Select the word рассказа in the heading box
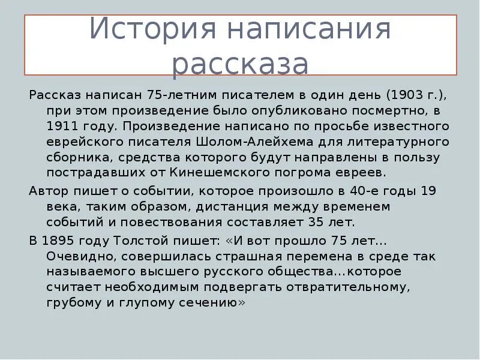click(x=240, y=64)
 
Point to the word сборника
click(x=75, y=158)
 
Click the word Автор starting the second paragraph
click(x=47, y=191)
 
